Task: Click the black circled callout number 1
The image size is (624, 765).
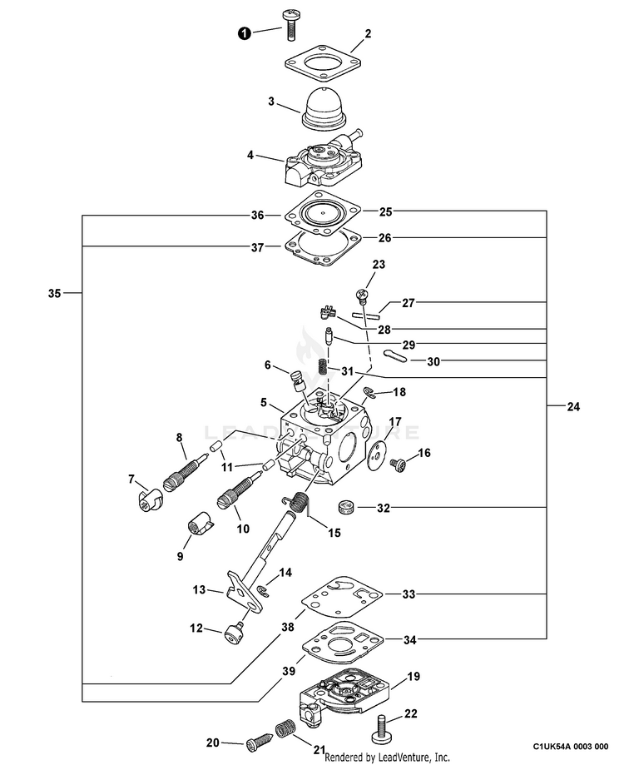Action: pos(245,33)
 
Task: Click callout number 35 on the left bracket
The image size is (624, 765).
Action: pos(55,293)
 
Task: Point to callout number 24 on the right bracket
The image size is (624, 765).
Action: pos(573,407)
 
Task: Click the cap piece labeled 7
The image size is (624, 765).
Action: pos(146,500)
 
